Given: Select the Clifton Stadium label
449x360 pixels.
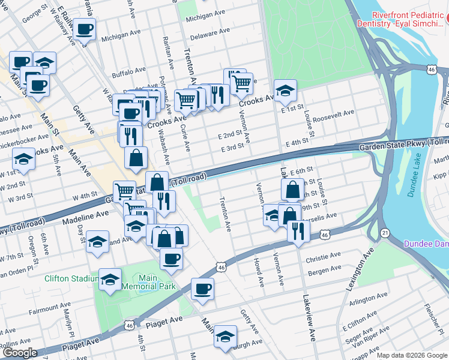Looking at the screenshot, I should tap(71, 278).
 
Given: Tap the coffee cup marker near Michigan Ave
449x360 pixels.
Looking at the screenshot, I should tap(85, 29).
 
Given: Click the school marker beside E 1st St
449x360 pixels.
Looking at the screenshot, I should tap(285, 90).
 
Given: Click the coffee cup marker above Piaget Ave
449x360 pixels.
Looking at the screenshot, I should tap(202, 289).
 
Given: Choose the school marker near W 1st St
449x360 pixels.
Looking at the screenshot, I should tap(23, 159).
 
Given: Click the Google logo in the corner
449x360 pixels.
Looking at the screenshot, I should tap(20, 352).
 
